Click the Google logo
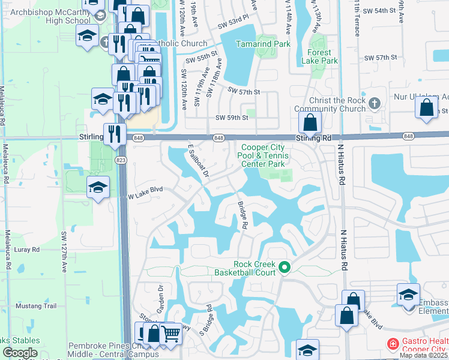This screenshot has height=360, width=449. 20,353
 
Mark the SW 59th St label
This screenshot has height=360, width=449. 231,118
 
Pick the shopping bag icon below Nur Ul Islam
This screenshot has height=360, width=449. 426,108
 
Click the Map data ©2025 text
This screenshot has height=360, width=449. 423,355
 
